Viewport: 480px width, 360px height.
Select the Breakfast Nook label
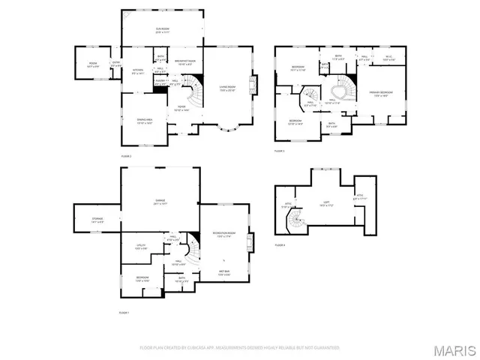coord(185,62)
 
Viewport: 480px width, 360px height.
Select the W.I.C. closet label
coord(388,58)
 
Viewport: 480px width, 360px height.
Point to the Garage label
coord(160,202)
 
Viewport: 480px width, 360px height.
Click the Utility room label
coord(141,247)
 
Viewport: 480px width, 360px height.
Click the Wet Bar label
coord(224,272)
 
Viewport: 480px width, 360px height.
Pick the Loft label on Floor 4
coord(326,202)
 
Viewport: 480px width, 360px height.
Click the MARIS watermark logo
coord(454,349)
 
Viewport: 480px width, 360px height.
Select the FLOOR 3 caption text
coord(279,152)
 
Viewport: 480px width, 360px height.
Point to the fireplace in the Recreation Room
coord(252,241)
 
